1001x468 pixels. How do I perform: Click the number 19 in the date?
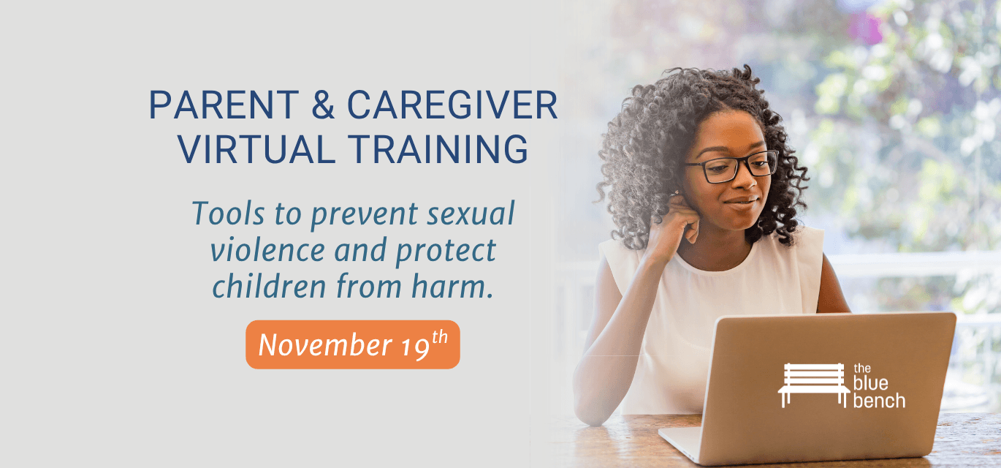click(x=413, y=345)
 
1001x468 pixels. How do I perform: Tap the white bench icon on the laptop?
click(x=812, y=385)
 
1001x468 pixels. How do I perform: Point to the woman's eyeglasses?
click(x=731, y=167)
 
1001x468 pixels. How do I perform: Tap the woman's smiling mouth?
click(x=741, y=201)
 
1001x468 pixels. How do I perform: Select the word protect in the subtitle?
click(x=446, y=251)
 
